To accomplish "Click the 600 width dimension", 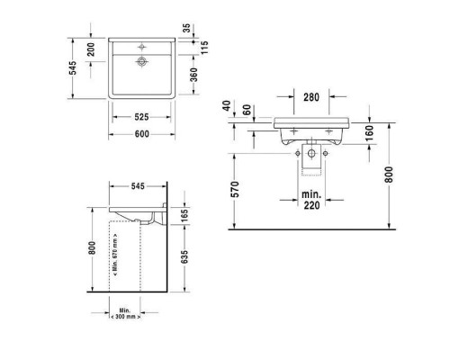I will [x=141, y=134].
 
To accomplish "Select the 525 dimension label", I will [x=141, y=117].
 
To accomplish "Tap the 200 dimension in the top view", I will [x=90, y=49].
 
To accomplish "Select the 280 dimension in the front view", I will [x=311, y=96].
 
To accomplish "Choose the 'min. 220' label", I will [x=311, y=200].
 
